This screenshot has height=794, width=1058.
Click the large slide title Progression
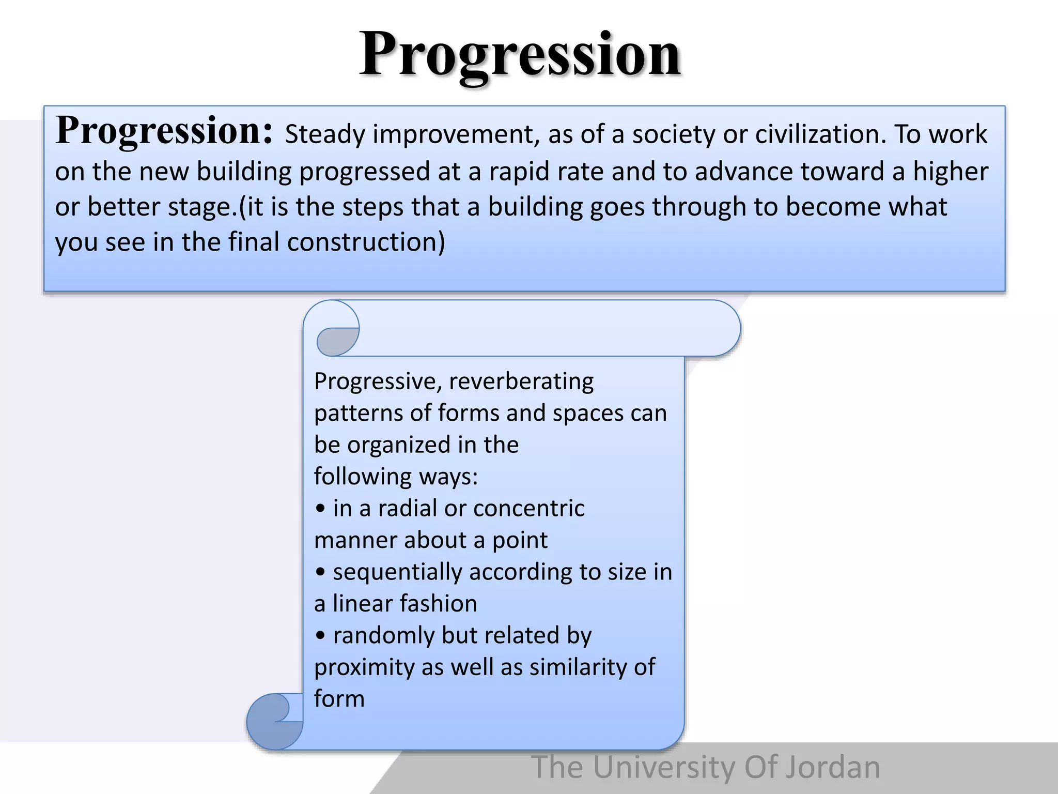point(520,54)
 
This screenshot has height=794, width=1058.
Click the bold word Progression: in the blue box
point(164,130)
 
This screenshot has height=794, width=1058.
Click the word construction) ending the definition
point(366,242)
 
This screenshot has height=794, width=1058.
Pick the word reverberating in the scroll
point(521,381)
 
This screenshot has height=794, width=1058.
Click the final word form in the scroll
point(339,699)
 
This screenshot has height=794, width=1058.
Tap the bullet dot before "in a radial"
point(320,509)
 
